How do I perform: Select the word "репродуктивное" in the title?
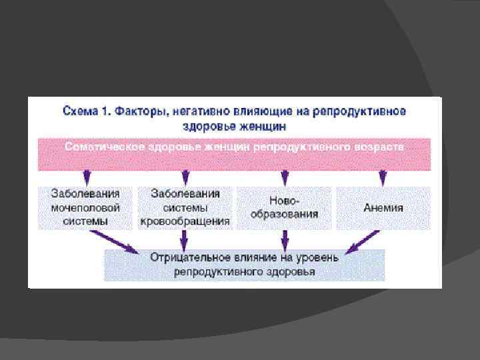coord(365,111)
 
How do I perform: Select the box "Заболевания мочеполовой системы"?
coord(85,208)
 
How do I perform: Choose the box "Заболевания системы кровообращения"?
coord(185,208)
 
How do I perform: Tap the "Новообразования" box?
coord(285,208)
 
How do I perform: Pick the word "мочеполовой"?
coord(85,208)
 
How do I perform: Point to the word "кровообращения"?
coord(185,221)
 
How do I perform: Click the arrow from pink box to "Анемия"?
coord(383,177)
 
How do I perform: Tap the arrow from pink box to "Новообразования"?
coord(285,177)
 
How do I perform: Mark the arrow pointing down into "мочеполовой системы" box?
coord(85,177)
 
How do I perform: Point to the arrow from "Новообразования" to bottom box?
coord(285,239)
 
